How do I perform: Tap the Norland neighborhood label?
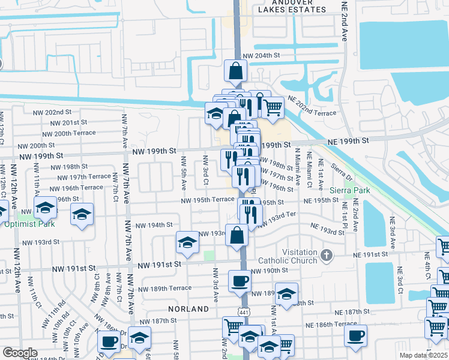point(189,309)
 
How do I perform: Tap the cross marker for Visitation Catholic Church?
point(326,256)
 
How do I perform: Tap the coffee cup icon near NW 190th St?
point(240,280)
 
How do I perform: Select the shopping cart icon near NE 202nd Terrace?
point(273,107)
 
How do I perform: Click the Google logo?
point(19,353)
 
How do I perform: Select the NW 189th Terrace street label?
point(164,288)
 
